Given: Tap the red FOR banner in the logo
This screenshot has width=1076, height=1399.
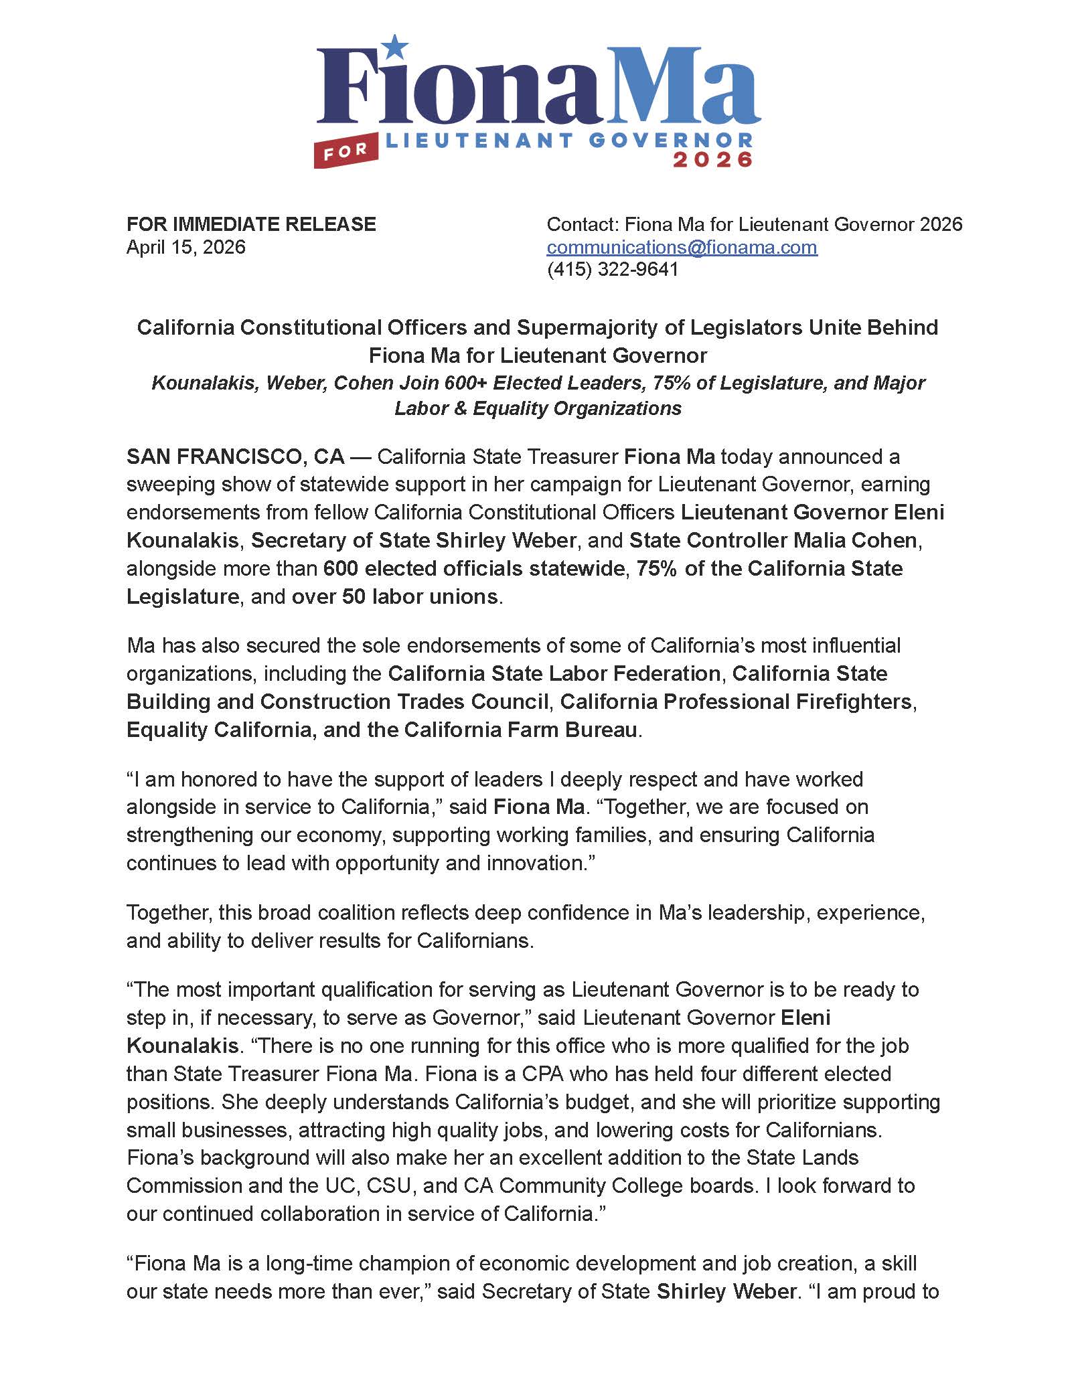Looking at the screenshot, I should pos(345,152).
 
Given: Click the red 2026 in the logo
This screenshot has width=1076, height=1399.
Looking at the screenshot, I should pos(712,160).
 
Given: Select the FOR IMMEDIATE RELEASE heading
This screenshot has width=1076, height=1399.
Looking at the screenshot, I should pos(251,224).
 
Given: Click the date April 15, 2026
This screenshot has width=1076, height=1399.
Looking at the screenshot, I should pos(186,247).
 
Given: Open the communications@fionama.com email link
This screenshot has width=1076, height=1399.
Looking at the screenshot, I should pos(682,247).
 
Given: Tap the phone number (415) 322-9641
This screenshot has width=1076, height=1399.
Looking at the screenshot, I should pos(613,269).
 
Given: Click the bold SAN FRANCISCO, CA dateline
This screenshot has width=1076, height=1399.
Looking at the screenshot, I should pos(235,457).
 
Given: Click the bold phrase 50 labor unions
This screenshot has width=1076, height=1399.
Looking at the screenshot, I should pos(420,596).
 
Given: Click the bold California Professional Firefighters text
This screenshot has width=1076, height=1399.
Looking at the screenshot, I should pos(736,701).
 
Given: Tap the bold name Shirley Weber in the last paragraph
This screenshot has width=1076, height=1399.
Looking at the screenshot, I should pos(726,1291).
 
